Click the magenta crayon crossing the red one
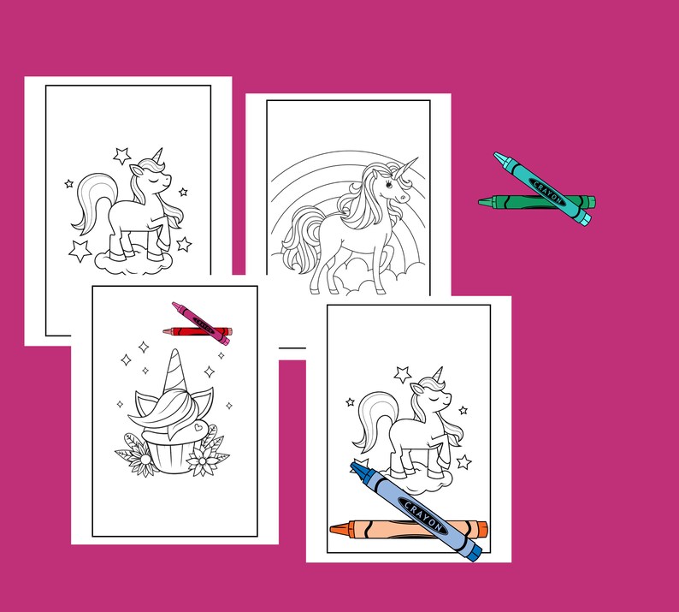coord(202,323)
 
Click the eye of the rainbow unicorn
coord(395,183)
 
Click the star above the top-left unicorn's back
coord(122,155)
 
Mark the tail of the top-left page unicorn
coord(89,202)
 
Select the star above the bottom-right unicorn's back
coord(402,373)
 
